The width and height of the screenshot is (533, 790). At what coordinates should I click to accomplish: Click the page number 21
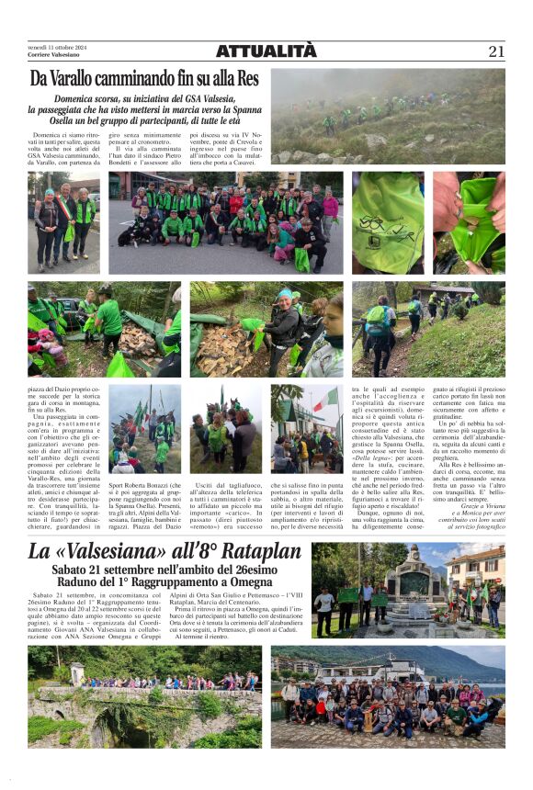[496, 51]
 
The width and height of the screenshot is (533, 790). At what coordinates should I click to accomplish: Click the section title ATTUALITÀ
[266, 51]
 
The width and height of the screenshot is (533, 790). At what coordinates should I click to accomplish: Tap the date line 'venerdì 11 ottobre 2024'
[56, 47]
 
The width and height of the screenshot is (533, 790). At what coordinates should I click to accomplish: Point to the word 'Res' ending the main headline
[247, 80]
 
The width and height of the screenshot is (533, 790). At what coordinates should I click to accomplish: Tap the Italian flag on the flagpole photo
[328, 401]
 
